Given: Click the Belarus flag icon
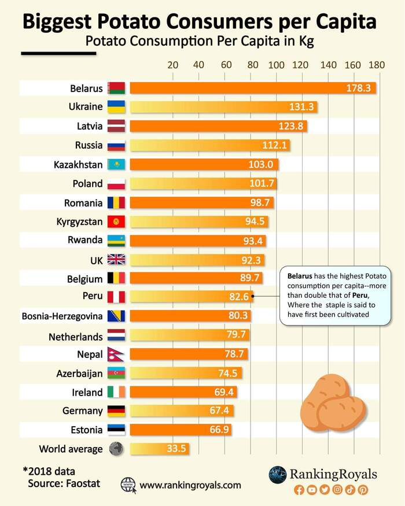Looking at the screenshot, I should pos(116,88).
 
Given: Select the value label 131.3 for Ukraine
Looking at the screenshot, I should pos(301,107).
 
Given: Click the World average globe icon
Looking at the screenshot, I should pos(116,449).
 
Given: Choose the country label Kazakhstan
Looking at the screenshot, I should pos(78,165).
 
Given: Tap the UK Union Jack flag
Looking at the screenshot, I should pos(116,260).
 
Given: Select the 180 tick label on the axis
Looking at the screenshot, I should pos(377,65).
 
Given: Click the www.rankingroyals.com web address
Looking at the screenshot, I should pos(190,485).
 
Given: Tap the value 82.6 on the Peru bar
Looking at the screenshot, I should pos(238,297).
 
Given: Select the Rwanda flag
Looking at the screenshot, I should pos(116,241).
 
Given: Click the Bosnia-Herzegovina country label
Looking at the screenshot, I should pos(62,316).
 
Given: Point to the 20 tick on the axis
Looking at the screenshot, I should pos(172,65).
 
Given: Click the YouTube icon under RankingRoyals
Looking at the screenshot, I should pos(312,490).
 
